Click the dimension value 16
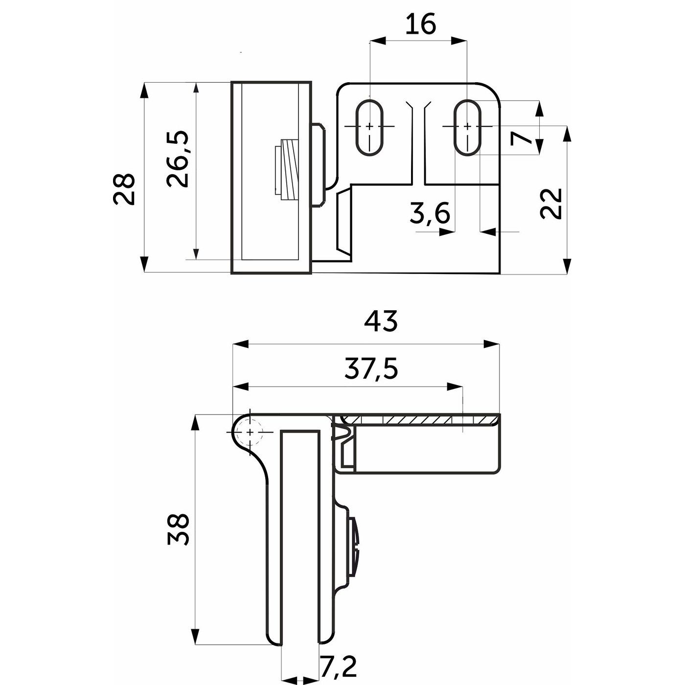click(420, 24)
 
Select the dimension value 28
click(124, 189)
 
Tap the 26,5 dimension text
click(178, 159)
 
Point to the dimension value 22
click(550, 204)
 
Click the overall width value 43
click(380, 320)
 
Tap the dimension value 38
click(178, 529)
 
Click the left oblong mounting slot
click(370, 127)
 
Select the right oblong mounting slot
click(467, 127)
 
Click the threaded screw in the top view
click(287, 170)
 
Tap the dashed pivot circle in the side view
click(250, 432)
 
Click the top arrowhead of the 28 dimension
click(144, 90)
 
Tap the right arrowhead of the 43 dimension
click(492, 344)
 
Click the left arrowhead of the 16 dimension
click(378, 41)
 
